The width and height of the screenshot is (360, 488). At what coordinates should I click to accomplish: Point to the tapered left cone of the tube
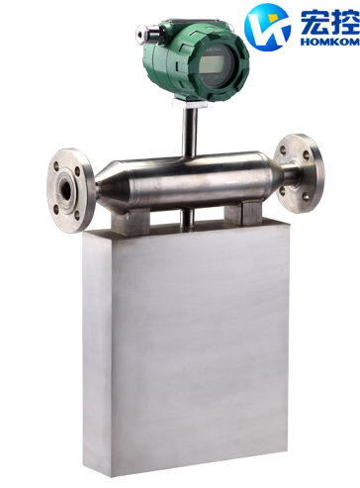click(109, 175)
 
